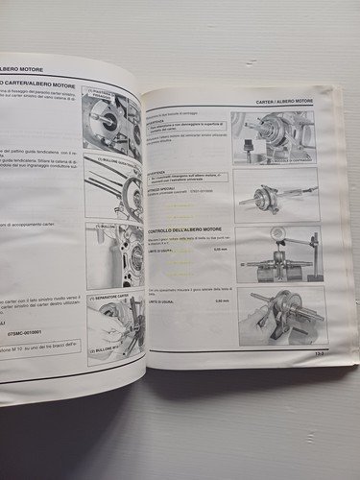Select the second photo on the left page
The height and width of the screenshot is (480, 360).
[115, 185]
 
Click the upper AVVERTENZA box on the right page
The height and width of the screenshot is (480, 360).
[182, 127]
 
